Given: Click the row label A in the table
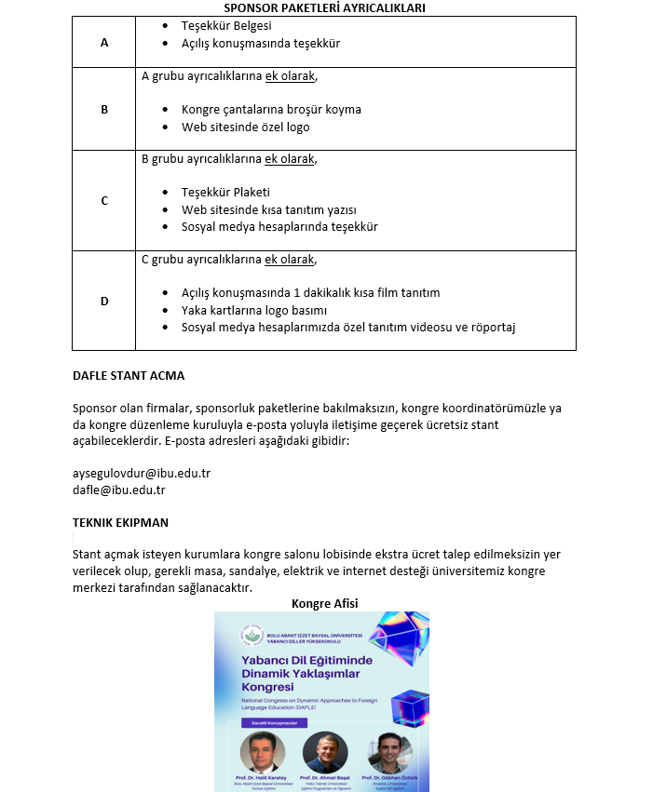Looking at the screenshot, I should pyautogui.click(x=103, y=43).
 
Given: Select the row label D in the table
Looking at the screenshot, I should pyautogui.click(x=104, y=301).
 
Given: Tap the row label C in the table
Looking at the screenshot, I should pyautogui.click(x=104, y=200).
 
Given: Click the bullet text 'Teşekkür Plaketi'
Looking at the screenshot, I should pyautogui.click(x=225, y=192).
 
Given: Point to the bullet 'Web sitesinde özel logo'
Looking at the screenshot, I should pyautogui.click(x=245, y=127).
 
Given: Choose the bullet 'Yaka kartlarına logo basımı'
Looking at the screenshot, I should pyautogui.click(x=254, y=310).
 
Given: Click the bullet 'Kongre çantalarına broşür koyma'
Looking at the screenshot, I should pyautogui.click(x=271, y=109).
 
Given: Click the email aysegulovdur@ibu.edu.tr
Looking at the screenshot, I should pyautogui.click(x=142, y=472).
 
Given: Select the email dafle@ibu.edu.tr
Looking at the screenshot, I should pyautogui.click(x=119, y=490).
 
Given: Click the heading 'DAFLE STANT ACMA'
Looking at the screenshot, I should pyautogui.click(x=129, y=376).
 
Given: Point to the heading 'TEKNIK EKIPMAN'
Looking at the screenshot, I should pyautogui.click(x=120, y=522).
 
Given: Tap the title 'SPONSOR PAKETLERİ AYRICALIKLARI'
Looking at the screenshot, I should pyautogui.click(x=324, y=8).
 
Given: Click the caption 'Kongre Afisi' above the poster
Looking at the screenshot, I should pyautogui.click(x=324, y=603).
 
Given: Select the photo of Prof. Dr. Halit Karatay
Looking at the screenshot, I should pyautogui.click(x=262, y=752).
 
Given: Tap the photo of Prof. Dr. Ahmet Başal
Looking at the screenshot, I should pyautogui.click(x=324, y=752).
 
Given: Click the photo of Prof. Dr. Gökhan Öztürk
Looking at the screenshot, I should pyautogui.click(x=388, y=752).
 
